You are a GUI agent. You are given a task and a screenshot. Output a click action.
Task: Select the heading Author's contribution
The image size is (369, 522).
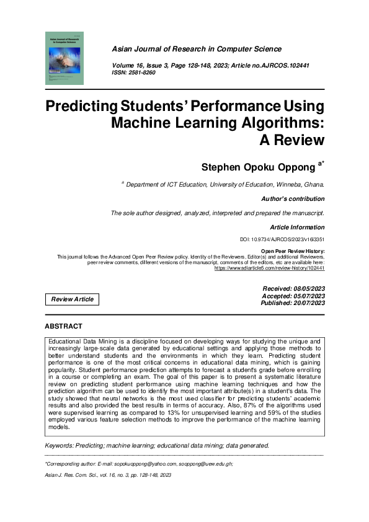(x=293, y=199)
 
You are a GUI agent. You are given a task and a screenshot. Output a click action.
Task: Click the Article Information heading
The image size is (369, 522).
(x=297, y=228)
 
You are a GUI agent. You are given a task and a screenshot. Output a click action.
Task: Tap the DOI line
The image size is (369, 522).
(x=282, y=239)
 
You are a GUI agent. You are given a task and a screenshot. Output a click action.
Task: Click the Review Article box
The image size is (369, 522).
(x=73, y=299)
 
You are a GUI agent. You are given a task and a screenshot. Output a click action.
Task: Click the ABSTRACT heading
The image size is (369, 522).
(x=63, y=325)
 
